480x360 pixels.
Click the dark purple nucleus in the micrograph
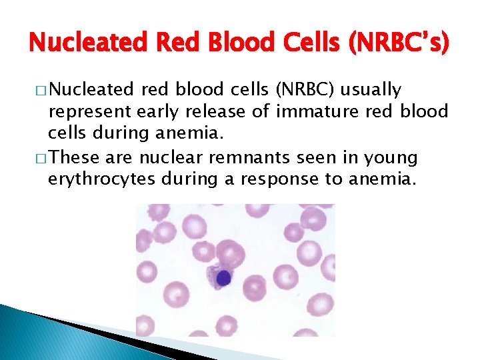[224, 278]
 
